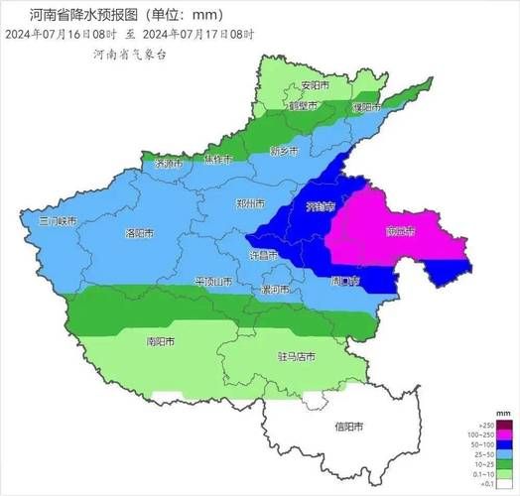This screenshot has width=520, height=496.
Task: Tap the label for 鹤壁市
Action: pyautogui.click(x=303, y=104)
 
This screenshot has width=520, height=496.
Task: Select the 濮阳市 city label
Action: pyautogui.click(x=365, y=107)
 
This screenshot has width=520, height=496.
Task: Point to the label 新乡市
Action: pyautogui.click(x=284, y=152)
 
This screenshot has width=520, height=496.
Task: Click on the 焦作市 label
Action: pyautogui.click(x=217, y=160)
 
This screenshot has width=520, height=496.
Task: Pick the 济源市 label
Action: pyautogui.click(x=169, y=164)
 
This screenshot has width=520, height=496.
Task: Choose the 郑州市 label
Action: pyautogui.click(x=250, y=203)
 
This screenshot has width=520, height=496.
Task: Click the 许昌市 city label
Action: pyautogui.click(x=263, y=255)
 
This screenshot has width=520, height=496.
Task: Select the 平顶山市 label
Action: pyautogui.click(x=212, y=282)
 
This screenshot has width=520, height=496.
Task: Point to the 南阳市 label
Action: pyautogui.click(x=160, y=340)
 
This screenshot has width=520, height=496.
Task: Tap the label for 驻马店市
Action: pyautogui.click(x=296, y=355)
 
